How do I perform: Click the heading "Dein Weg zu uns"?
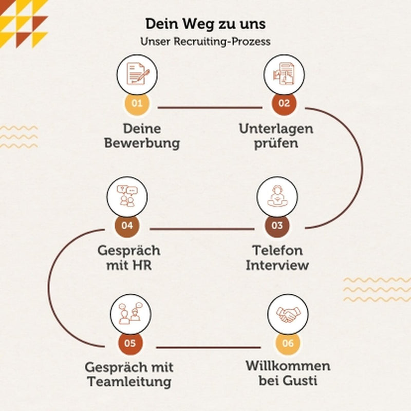pos(206,24)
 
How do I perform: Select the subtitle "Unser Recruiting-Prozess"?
pos(206,42)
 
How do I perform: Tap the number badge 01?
pos(137,103)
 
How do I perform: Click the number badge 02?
pos(284,103)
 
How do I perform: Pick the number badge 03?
pos(277,226)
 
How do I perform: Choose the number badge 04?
pos(127,226)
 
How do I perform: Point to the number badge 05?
pos(130,343)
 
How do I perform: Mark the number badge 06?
pos(288,343)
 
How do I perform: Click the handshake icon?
pos(288,314)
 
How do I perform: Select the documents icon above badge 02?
pos(284,74)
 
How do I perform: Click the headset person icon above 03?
pos(277,196)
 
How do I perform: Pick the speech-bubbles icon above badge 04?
pos(127,196)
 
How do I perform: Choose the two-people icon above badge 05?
pos(130,313)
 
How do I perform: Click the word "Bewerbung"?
pos(142,143)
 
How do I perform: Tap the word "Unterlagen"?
pos(276,129)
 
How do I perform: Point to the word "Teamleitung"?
pos(129,382)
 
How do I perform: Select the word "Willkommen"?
pos(288,366)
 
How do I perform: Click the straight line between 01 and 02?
pos(210,107)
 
